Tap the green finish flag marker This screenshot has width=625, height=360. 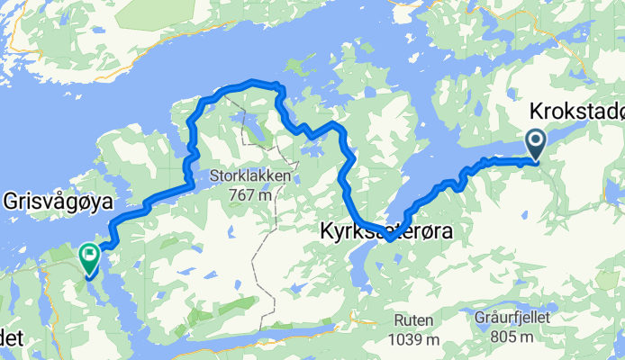tap(90, 257)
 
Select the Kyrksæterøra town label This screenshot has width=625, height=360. tap(385, 231)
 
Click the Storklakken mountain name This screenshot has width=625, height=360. tap(250, 176)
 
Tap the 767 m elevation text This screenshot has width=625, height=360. tap(252, 193)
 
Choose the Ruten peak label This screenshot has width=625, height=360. tap(412, 320)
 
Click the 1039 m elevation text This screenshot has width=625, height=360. tap(412, 338)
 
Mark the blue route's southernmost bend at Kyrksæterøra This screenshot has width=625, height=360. tap(387, 238)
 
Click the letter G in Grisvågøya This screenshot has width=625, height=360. tap(10, 196)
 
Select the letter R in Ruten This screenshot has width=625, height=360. tap(396, 320)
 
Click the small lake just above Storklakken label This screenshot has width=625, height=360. tap(251, 134)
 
